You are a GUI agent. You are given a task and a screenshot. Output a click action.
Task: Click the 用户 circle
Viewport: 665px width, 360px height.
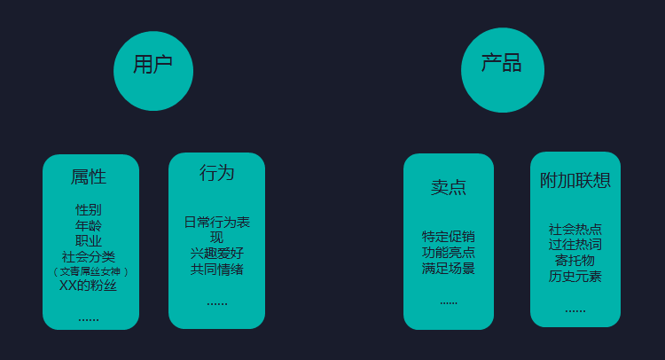coord(153,71)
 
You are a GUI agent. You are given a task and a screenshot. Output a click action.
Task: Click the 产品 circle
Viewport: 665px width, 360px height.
coord(502,71)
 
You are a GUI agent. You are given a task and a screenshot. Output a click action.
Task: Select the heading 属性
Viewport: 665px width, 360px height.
coord(89,176)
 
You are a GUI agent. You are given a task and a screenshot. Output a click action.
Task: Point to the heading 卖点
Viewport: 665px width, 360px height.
coord(449,187)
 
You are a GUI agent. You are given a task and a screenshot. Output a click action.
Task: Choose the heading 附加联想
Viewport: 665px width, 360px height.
coord(575,180)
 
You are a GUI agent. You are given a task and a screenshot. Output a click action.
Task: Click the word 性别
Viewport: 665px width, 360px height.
coord(89,210)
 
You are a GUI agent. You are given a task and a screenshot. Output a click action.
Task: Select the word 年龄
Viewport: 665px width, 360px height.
coord(89,225)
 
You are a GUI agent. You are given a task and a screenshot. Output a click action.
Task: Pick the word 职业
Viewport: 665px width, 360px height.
coord(89,240)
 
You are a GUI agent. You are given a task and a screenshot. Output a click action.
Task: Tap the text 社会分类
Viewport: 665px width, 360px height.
coord(89,255)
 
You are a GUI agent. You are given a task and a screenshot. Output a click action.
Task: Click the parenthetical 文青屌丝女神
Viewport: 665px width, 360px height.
coord(90,271)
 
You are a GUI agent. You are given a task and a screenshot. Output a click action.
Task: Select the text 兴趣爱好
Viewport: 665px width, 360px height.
coord(216,253)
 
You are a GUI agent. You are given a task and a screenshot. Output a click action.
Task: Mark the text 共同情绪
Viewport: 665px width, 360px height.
coord(216,269)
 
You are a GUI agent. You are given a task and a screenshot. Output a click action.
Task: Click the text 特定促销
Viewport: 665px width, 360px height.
coord(449,237)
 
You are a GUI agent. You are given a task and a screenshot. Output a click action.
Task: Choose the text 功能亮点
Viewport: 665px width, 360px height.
coord(449,252)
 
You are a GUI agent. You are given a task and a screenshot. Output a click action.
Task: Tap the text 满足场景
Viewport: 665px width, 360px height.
coord(449,267)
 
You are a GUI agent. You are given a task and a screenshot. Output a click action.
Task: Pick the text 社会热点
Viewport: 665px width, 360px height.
coord(575,229)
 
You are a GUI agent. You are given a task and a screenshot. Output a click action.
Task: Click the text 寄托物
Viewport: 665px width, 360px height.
coord(575,260)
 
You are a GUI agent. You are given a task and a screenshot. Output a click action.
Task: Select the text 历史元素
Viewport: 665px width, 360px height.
coord(575,276)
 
